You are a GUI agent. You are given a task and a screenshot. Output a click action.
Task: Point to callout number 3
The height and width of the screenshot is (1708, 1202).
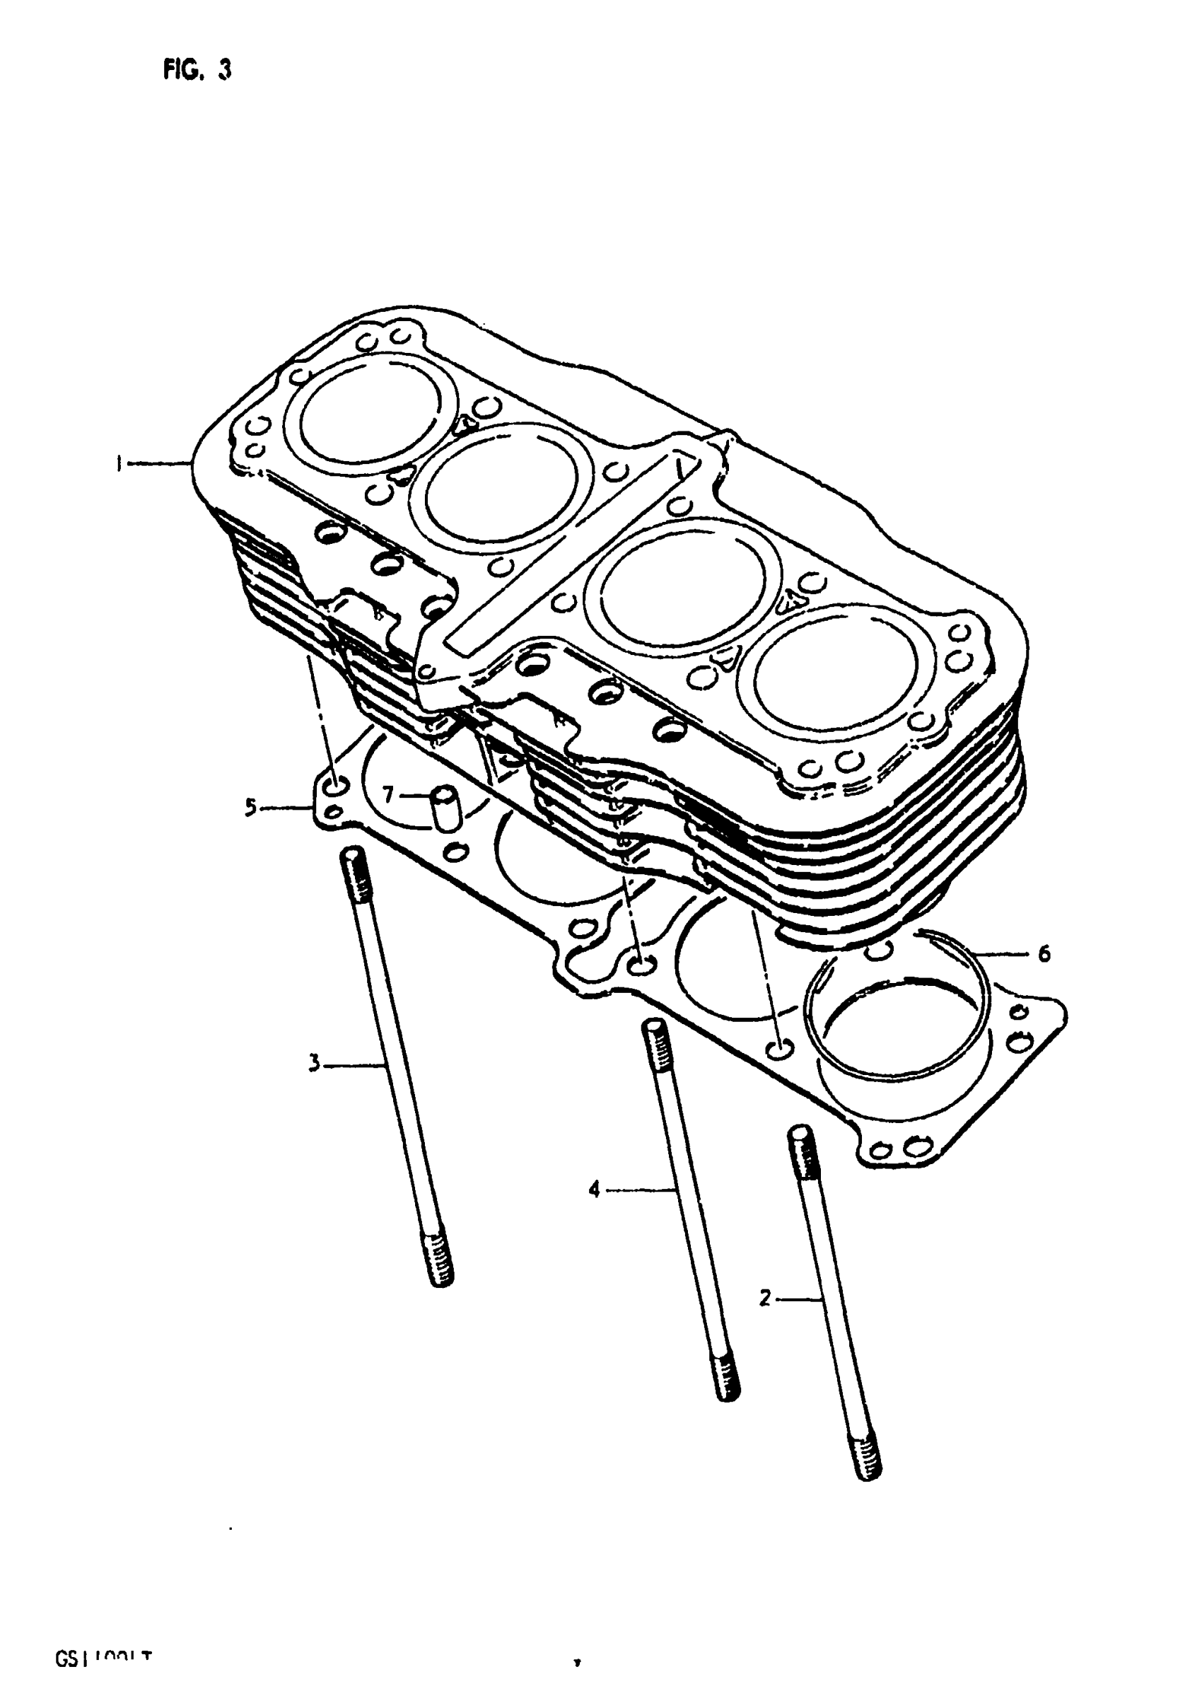point(314,1063)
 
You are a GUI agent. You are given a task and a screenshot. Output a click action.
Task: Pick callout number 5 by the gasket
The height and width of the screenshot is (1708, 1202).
point(252,806)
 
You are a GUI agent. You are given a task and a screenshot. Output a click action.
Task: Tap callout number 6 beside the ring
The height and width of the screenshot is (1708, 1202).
point(1044,953)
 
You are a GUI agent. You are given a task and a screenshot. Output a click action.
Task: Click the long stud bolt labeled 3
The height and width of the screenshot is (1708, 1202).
point(396,1071)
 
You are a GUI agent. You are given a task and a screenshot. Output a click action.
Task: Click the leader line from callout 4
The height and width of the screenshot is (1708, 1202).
point(640,1190)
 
